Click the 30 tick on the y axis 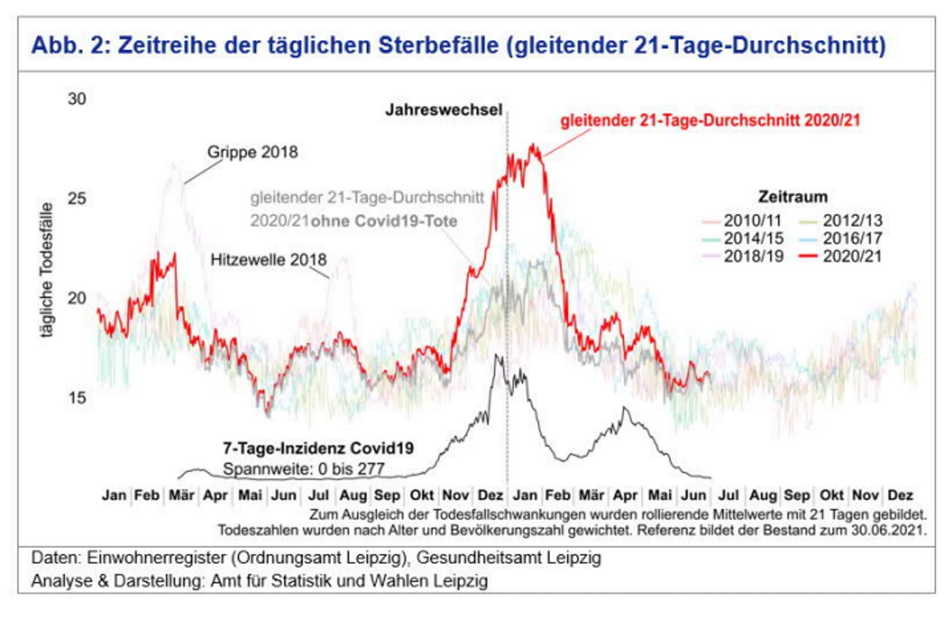(x=77, y=99)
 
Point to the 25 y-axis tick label (x=77, y=198)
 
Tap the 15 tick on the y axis (x=77, y=398)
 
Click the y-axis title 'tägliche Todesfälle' (x=47, y=270)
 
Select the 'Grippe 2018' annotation (x=252, y=152)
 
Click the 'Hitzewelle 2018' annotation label (x=268, y=260)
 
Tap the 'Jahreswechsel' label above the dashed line (x=444, y=110)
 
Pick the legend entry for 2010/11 (x=752, y=221)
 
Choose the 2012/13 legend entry (x=852, y=221)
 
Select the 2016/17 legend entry (x=852, y=238)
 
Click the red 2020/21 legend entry (x=852, y=256)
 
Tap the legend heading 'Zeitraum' (x=792, y=197)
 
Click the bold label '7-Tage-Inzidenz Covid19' (x=318, y=448)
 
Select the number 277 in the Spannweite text (x=371, y=469)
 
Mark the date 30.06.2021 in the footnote (x=889, y=530)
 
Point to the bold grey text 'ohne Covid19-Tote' (x=384, y=221)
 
